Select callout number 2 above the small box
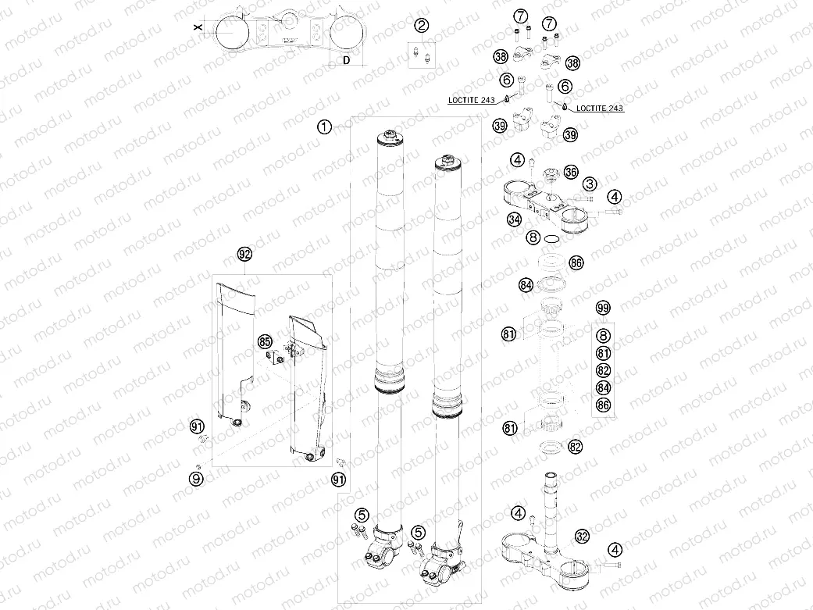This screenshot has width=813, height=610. click(x=422, y=26)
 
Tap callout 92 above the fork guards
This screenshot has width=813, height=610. click(x=244, y=255)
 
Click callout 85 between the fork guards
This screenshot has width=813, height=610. click(x=265, y=341)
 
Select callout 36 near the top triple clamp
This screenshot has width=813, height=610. click(x=570, y=172)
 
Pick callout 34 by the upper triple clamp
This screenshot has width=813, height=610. click(x=513, y=220)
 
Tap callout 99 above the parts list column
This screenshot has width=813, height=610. click(x=602, y=308)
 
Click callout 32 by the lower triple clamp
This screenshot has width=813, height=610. click(x=582, y=537)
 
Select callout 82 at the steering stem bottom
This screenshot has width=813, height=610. click(x=576, y=447)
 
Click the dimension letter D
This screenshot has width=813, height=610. click(x=344, y=62)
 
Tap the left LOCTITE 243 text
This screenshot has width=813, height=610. click(x=472, y=100)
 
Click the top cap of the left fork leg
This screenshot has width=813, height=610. click(x=390, y=138)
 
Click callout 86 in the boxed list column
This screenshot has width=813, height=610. click(x=602, y=405)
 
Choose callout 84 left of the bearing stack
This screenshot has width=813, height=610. click(x=526, y=285)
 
